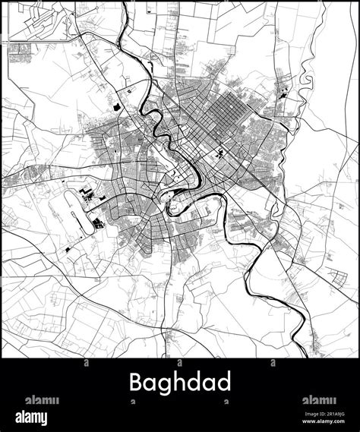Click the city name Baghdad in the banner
(180, 383)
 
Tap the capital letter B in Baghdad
(137, 383)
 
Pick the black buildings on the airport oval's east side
(99, 223)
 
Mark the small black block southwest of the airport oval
(71, 248)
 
